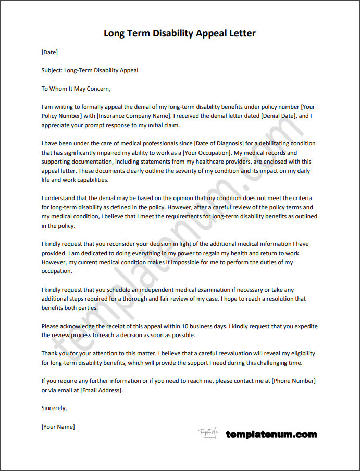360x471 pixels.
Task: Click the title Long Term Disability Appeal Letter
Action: click(180, 34)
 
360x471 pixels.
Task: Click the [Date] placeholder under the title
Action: click(49, 52)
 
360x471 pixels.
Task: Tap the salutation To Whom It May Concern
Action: click(76, 89)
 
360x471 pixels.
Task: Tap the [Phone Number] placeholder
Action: click(293, 381)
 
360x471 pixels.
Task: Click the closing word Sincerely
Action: click(54, 408)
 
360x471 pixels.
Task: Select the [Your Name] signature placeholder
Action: click(58, 427)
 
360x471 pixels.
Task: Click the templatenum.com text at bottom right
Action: click(271, 434)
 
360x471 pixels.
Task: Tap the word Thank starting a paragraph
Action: click(51, 353)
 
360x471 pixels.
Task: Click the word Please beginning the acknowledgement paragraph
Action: click(51, 326)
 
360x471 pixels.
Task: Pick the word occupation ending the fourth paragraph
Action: click(57, 271)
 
